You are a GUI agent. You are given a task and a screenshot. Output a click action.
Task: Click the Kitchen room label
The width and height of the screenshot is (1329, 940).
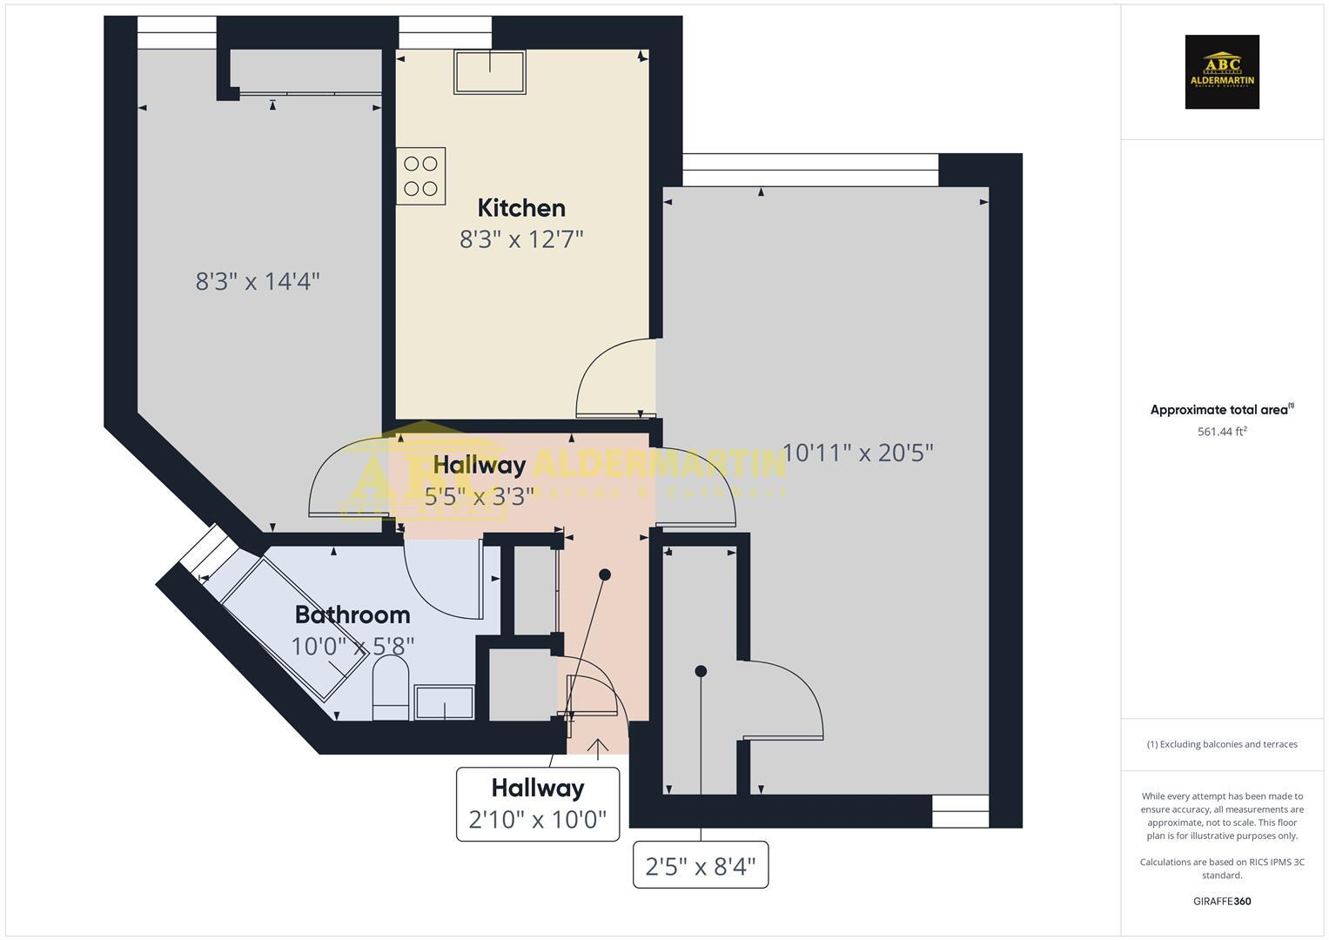(x=521, y=208)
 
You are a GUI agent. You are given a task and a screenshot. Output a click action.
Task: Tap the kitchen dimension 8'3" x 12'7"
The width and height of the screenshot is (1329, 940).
(x=521, y=238)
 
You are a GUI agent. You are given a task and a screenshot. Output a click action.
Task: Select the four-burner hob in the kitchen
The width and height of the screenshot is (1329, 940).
(x=421, y=176)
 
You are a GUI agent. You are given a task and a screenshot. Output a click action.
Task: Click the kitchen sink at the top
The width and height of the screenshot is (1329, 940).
(x=490, y=71)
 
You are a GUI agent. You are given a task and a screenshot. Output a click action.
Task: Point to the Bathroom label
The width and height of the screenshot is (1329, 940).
(x=352, y=614)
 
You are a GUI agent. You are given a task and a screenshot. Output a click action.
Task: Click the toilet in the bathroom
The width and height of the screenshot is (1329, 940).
(x=391, y=687)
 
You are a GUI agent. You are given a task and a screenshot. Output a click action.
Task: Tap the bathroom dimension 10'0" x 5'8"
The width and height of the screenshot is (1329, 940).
(x=352, y=646)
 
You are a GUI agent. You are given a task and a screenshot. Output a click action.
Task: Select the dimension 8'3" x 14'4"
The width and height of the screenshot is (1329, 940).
(x=258, y=281)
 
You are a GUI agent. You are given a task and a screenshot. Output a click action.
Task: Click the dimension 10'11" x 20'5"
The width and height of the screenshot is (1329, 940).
(x=857, y=453)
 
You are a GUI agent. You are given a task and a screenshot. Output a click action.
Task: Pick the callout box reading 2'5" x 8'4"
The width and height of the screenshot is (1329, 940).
(x=701, y=865)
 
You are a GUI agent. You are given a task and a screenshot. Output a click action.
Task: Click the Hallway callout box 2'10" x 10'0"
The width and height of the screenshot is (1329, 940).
(x=538, y=804)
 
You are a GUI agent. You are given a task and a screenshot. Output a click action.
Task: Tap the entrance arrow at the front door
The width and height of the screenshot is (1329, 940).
(x=598, y=748)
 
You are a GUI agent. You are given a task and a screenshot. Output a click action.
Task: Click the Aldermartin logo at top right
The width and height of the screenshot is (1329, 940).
(x=1222, y=72)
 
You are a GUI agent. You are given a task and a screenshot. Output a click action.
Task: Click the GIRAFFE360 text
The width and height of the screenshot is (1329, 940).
(x=1222, y=901)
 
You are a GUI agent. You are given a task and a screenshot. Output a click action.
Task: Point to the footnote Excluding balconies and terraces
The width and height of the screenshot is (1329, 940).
(x=1222, y=744)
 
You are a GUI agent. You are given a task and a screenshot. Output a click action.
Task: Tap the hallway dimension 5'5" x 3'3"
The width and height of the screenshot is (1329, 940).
(x=480, y=495)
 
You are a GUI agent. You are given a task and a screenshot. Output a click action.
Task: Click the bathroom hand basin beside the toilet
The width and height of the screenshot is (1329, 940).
(x=445, y=702)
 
